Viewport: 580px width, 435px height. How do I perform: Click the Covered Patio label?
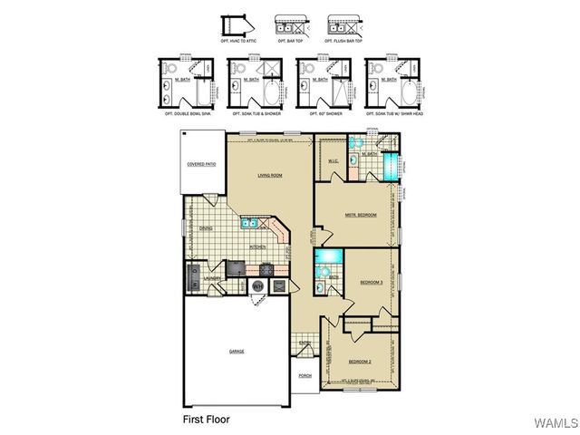(201, 164)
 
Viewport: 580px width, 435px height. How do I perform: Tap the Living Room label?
(270, 176)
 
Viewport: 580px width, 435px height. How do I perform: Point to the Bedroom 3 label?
(372, 283)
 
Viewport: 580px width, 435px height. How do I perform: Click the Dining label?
(206, 228)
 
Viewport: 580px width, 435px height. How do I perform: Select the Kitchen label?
(257, 246)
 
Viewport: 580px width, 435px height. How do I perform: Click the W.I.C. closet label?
(333, 161)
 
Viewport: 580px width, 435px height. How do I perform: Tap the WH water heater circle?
(257, 286)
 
